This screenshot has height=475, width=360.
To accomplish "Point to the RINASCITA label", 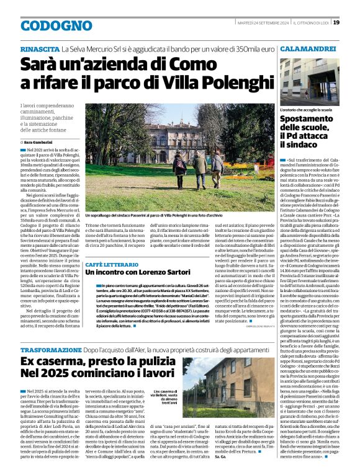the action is coord(39,48).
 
